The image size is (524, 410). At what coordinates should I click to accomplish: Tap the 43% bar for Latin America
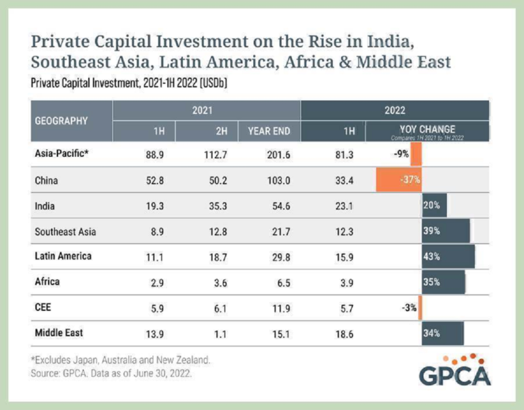[448, 257]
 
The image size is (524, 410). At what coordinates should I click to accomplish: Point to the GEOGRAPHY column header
[61, 121]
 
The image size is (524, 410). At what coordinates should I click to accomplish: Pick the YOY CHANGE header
[428, 130]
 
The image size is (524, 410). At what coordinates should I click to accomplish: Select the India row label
[45, 205]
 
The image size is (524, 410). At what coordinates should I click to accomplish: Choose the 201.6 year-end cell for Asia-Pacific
[278, 154]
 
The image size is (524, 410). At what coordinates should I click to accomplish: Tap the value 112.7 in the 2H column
[214, 154]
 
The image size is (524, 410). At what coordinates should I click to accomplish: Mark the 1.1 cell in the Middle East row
[220, 334]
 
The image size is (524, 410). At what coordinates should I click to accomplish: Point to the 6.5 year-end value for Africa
[281, 282]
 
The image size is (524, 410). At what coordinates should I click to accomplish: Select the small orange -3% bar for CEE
[420, 308]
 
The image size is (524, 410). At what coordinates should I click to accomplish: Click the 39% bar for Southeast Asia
[446, 231]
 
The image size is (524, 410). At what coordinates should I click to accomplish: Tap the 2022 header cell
[394, 108]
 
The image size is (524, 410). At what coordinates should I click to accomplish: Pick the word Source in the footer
[45, 374]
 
